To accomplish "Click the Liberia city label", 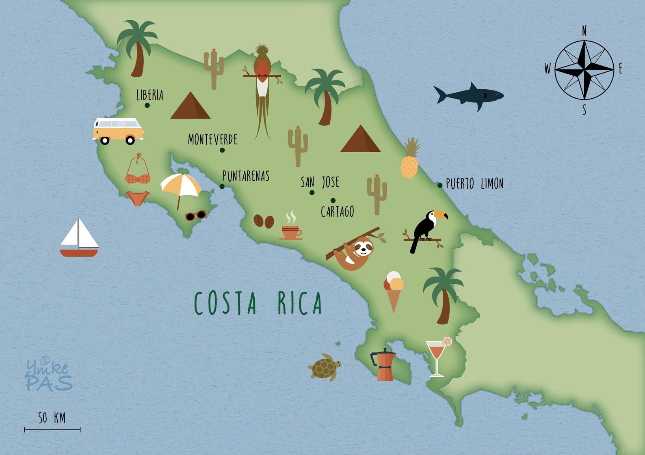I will [149, 95].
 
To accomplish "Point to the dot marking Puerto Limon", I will [440, 185].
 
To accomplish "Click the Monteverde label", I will [212, 140].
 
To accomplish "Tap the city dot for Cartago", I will [333, 200].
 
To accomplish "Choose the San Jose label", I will [320, 182].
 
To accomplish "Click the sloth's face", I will [362, 247].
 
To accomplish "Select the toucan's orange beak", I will [441, 214].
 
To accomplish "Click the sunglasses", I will [195, 215].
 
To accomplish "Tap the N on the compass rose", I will [584, 31].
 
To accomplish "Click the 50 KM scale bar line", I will [52, 429].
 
